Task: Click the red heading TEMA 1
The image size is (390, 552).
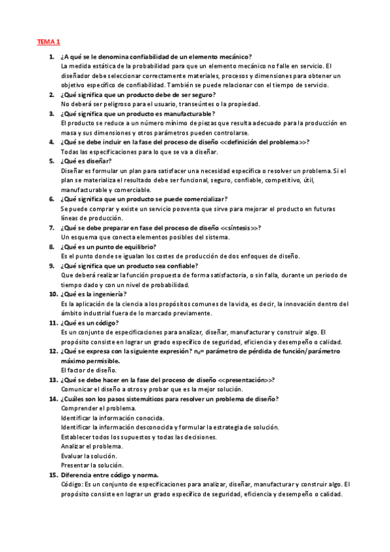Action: pos(48,42)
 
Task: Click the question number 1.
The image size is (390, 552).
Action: pos(52,57)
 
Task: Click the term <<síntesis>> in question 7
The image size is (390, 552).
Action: pos(240,227)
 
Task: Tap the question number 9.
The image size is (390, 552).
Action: pos(52,266)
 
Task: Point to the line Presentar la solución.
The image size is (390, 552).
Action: pos(92,465)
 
